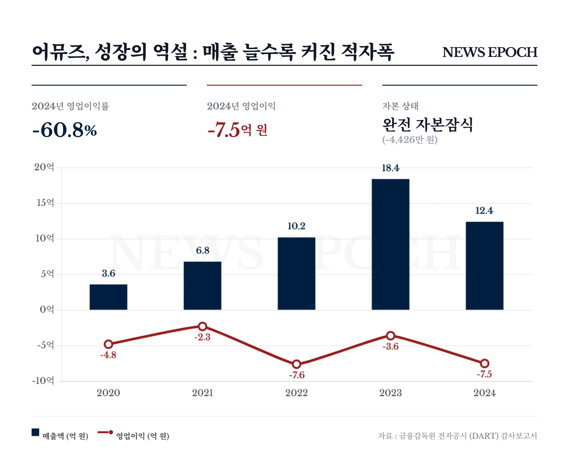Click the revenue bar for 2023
click(390, 244)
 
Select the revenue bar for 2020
click(108, 297)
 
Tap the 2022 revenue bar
click(297, 273)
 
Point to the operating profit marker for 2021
click(203, 326)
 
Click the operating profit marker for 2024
click(485, 363)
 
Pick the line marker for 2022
click(297, 364)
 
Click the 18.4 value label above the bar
click(390, 168)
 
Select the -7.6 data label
click(297, 375)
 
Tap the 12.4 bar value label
click(484, 211)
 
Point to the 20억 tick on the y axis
click(44, 167)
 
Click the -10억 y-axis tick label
click(43, 380)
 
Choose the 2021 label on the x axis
click(203, 393)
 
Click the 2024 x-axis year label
click(485, 393)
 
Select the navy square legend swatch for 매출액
click(35, 432)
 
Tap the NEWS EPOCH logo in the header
click(490, 52)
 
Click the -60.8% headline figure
click(64, 130)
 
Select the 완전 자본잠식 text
click(428, 124)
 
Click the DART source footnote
click(457, 436)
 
